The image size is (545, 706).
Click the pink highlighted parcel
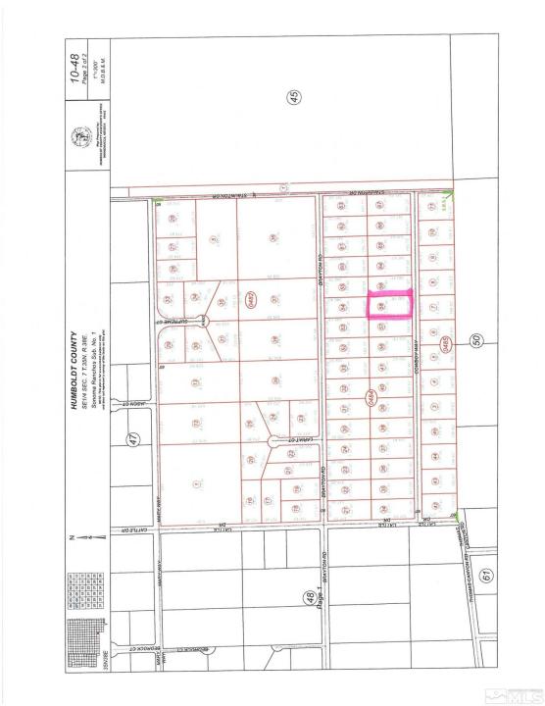pos(390,306)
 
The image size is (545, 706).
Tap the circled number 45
pos(292,96)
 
